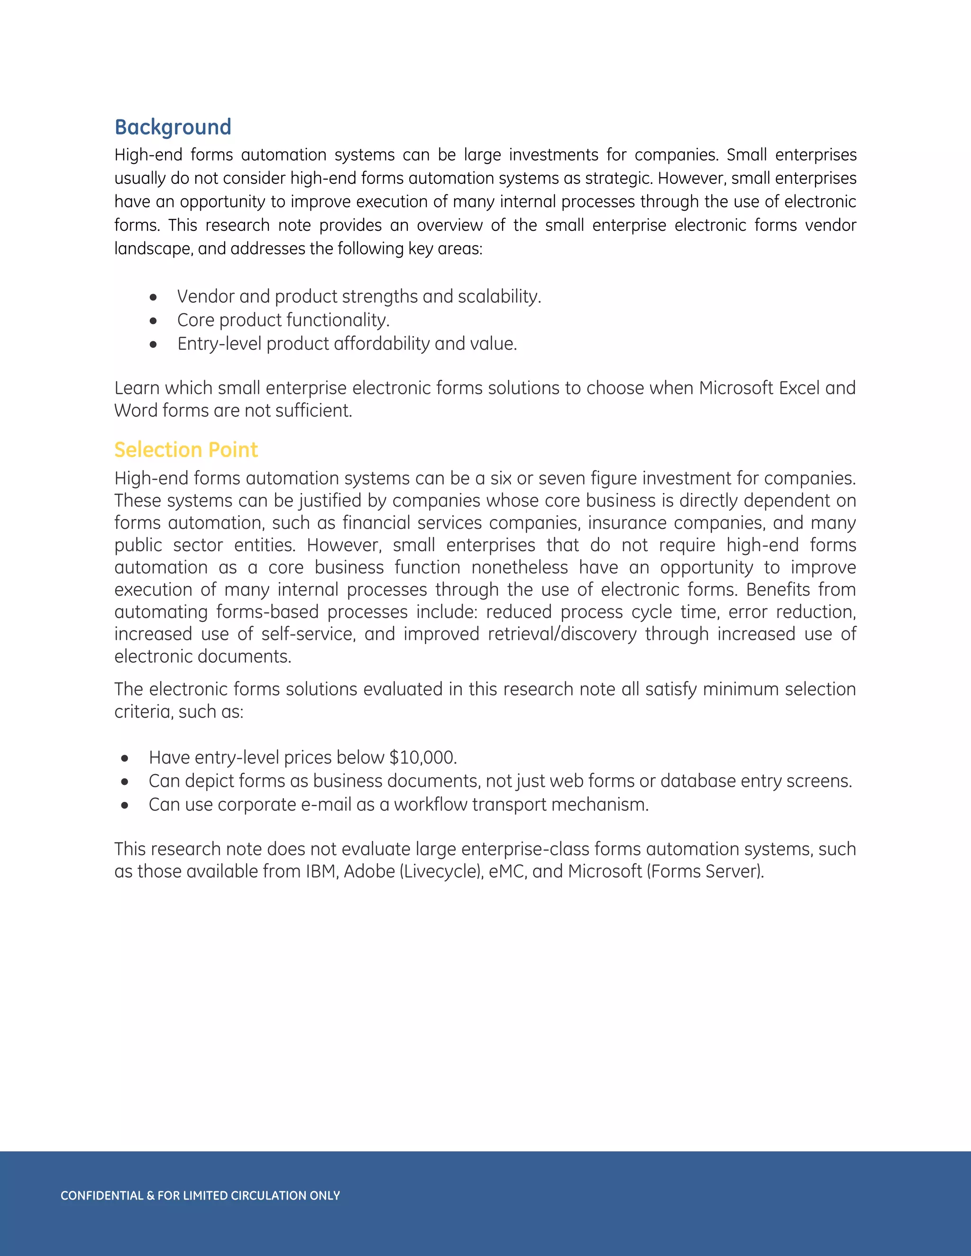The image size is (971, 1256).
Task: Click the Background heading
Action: coord(173,127)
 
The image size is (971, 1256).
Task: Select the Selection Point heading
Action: coord(186,450)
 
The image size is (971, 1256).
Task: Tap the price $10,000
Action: coord(423,757)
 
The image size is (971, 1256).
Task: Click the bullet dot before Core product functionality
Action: coord(153,320)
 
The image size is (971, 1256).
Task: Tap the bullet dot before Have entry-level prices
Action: coord(125,758)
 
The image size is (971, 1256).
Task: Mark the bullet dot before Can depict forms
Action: coord(125,782)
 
